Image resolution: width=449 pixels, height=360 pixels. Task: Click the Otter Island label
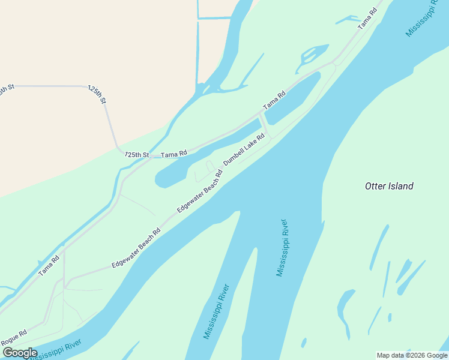pos(389,186)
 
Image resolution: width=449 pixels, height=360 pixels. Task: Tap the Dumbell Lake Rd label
pos(244,149)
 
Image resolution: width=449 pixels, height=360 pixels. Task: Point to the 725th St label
pos(137,155)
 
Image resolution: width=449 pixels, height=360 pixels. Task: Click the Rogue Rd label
pos(14,338)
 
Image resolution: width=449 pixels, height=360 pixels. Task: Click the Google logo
pos(20,353)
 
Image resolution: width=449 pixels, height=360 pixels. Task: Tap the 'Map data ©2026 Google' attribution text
pos(412,355)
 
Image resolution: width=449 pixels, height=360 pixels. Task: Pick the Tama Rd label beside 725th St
pos(175,154)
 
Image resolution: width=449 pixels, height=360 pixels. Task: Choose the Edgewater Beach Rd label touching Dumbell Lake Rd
pos(200,190)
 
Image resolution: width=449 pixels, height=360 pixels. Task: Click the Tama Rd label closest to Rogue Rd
pos(49,266)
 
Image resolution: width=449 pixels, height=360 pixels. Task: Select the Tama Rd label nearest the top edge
pos(367,19)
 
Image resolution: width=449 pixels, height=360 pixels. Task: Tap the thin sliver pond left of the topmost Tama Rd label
pos(348,20)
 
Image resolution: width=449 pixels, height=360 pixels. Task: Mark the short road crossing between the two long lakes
pos(264,124)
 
